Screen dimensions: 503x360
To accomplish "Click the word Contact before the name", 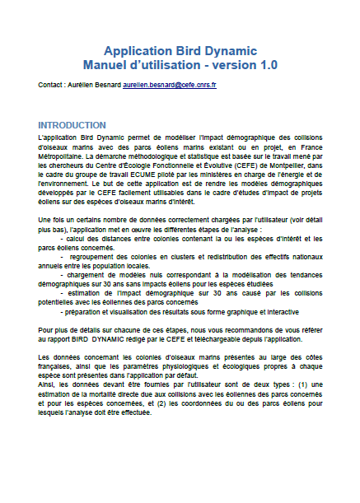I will click(x=51, y=85).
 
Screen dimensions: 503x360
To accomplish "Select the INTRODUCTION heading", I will click(x=78, y=124).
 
